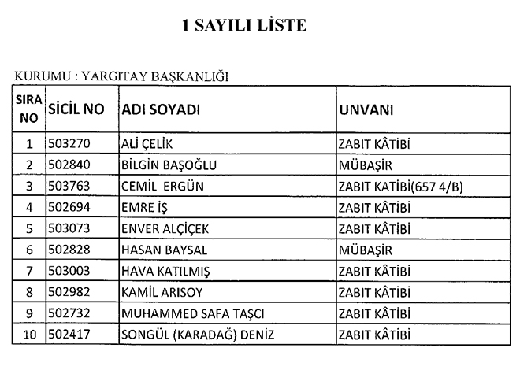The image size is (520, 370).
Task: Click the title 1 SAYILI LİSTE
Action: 243,26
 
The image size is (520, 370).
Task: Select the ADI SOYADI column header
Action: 161,110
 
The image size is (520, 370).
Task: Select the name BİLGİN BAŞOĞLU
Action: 169,165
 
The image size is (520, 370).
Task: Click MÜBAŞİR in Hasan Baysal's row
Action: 365,250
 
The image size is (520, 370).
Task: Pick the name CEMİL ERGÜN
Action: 160,186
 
